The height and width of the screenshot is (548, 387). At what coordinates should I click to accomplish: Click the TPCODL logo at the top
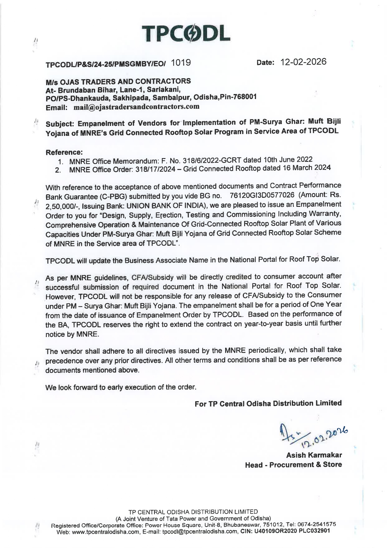186,34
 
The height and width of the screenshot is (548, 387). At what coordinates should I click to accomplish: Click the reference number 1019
181,63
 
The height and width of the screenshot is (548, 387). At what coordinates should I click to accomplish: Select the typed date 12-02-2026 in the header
303,62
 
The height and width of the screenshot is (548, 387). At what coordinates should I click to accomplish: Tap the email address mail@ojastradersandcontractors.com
136,107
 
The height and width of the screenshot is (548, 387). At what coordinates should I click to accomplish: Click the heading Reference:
64,152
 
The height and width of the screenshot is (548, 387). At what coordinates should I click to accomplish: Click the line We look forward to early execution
121,388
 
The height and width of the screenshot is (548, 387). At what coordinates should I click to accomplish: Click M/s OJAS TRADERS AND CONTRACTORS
118,82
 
